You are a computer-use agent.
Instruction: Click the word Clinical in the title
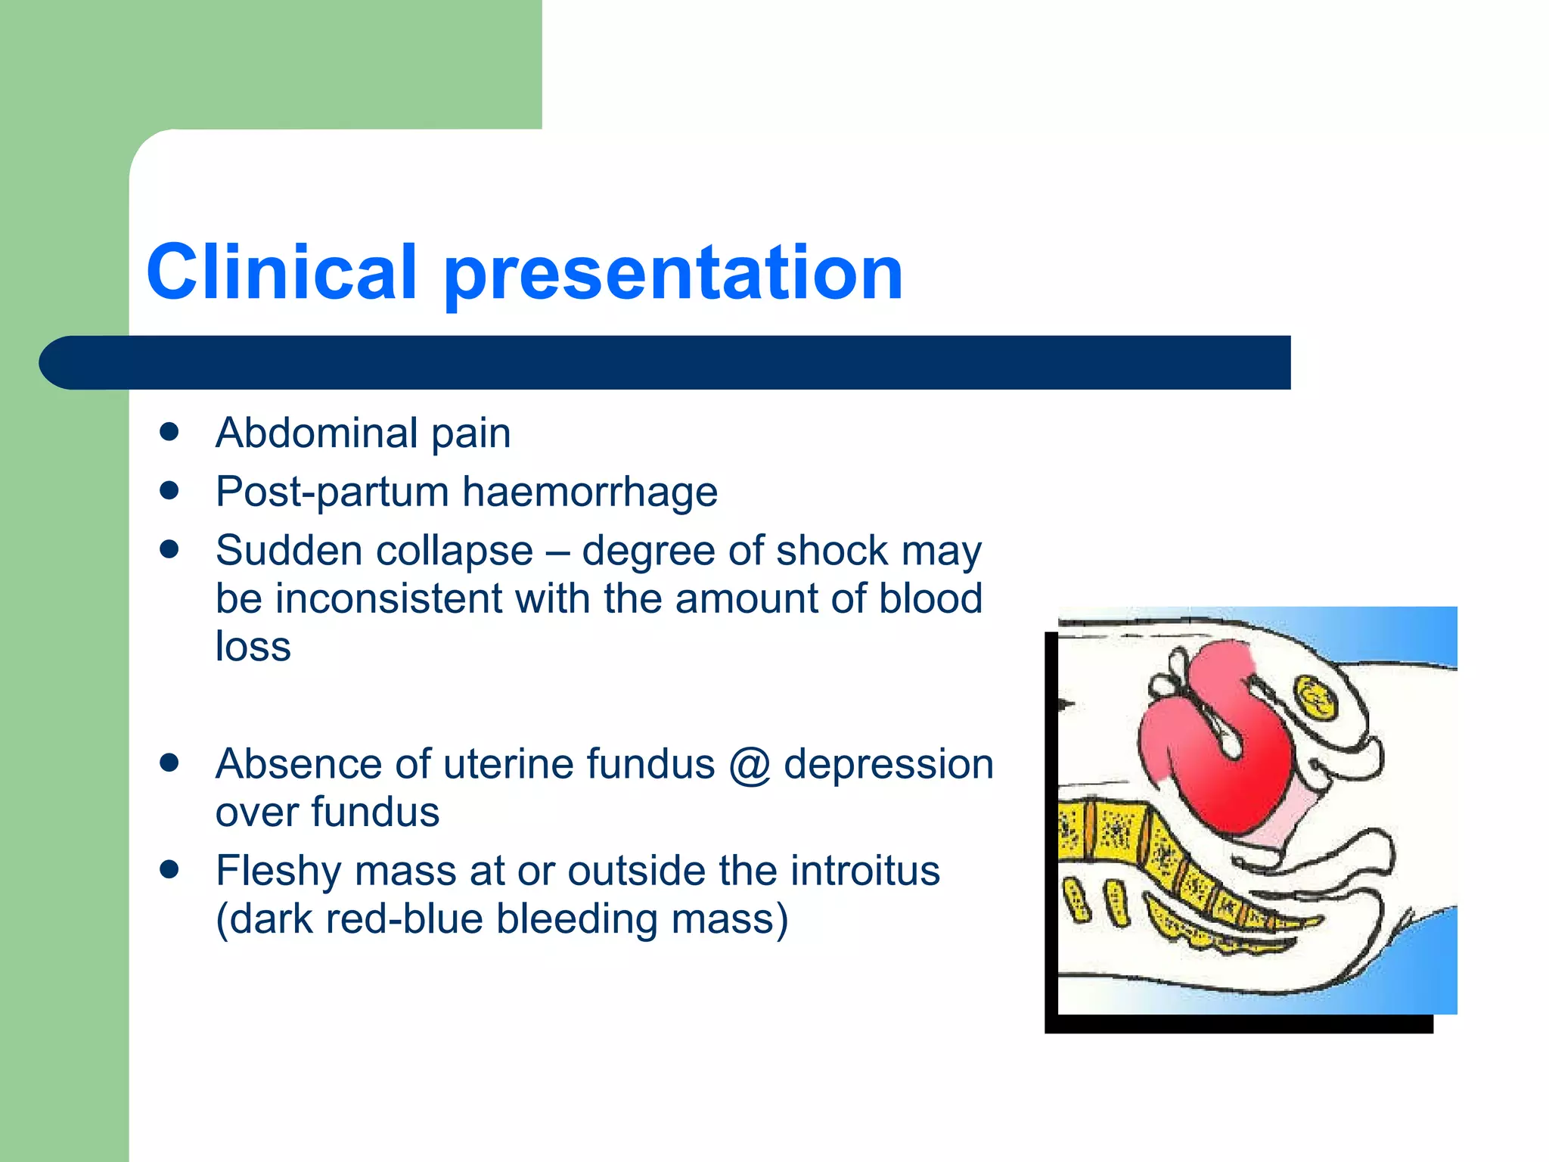(x=281, y=272)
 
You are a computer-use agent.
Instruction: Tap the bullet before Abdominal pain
(x=169, y=432)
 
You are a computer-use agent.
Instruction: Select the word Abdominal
(x=316, y=433)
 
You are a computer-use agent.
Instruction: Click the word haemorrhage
(x=589, y=492)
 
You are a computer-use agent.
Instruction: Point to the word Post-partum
(x=332, y=492)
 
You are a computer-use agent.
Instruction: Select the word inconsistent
(x=389, y=599)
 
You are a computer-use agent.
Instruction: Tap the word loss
(x=253, y=648)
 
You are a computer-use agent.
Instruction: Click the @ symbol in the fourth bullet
(x=749, y=765)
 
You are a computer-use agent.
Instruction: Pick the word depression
(x=888, y=765)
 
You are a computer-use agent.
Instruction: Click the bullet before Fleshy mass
(x=169, y=870)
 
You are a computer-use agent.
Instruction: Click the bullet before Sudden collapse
(x=169, y=550)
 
